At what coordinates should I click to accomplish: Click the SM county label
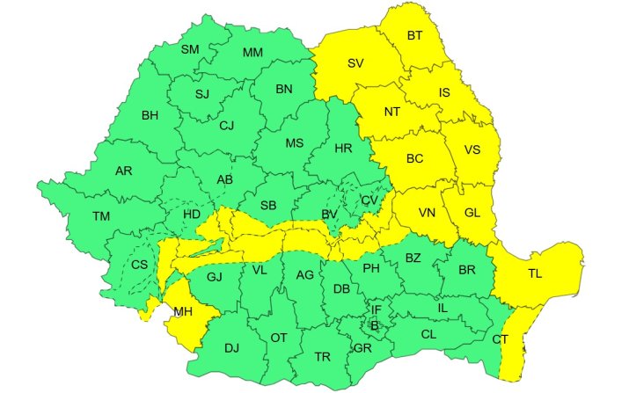tap(190, 49)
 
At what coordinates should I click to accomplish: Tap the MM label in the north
tap(252, 53)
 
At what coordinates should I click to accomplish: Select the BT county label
tap(414, 36)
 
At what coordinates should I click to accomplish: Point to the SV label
tap(355, 63)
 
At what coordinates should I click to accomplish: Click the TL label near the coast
tap(535, 273)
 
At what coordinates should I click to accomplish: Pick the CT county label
tap(500, 339)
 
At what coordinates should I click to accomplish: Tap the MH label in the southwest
tap(183, 312)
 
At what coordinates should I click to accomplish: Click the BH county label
tap(150, 115)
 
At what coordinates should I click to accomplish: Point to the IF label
tap(376, 309)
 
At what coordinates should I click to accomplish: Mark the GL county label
tap(472, 213)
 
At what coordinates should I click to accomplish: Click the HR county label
tap(343, 147)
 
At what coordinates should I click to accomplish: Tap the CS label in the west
tap(140, 265)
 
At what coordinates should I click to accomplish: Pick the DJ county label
tap(231, 348)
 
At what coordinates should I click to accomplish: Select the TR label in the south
tap(322, 357)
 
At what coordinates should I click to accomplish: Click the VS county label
tap(472, 150)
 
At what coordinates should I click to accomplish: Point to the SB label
tap(268, 206)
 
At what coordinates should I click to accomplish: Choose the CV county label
tap(369, 201)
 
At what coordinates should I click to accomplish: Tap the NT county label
tap(392, 112)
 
